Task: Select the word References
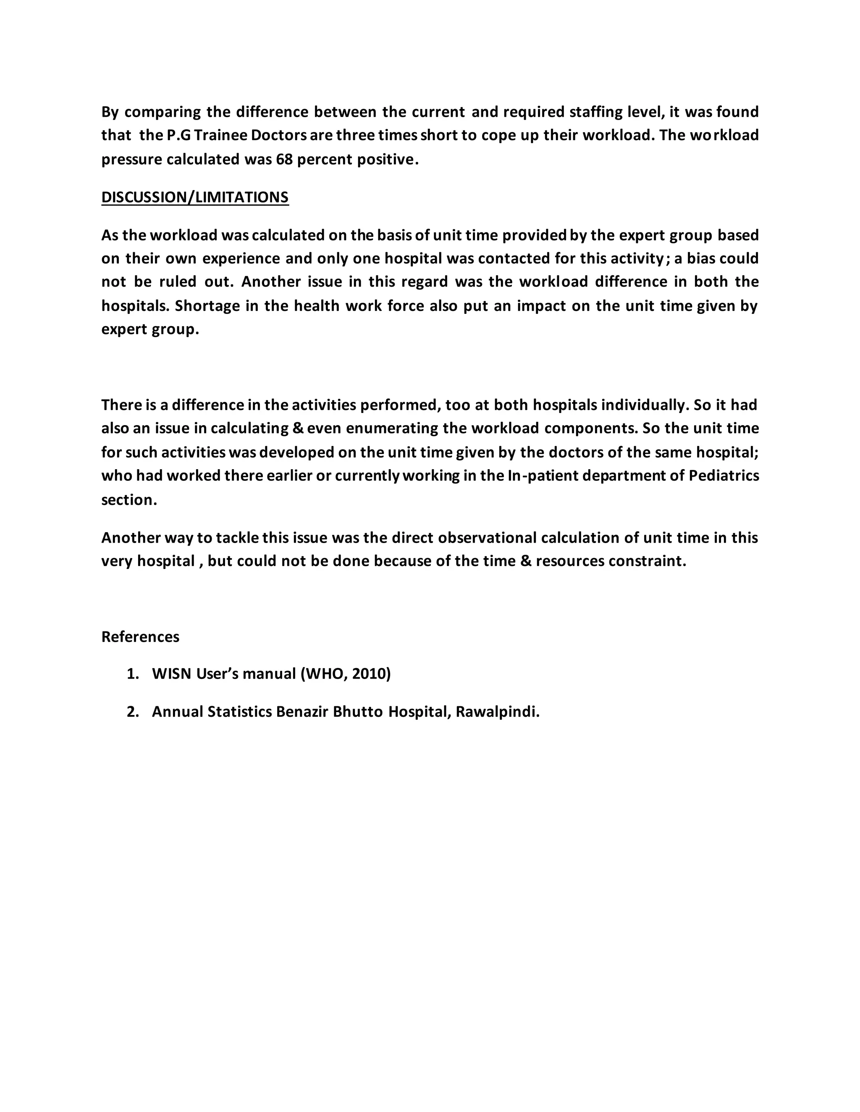(140, 637)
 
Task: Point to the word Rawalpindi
(497, 711)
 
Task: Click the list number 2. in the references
(133, 711)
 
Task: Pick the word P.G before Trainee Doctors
(178, 135)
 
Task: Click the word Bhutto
(358, 711)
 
